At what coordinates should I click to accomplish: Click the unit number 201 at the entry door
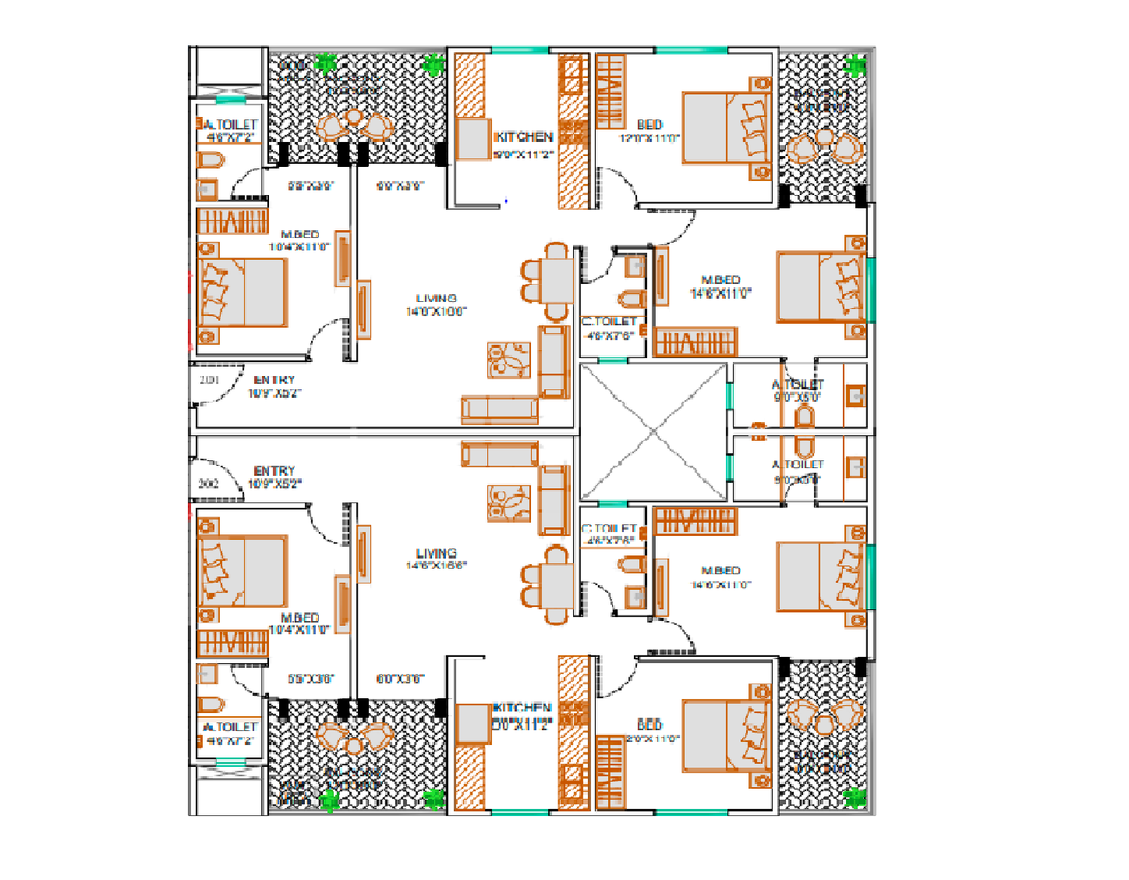209,380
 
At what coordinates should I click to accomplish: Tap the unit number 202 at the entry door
208,484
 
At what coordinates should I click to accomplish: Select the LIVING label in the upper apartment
436,298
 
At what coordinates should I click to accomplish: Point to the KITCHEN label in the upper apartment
525,137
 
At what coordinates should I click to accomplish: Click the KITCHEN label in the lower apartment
522,708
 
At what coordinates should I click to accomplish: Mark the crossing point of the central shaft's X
653,431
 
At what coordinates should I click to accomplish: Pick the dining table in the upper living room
556,281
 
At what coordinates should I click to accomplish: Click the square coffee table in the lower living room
508,503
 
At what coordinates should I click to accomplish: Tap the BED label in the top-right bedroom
649,124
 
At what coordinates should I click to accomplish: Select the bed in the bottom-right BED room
726,736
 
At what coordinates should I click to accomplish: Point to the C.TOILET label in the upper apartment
609,321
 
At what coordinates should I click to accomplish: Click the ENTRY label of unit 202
274,471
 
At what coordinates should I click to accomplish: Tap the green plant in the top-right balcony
856,66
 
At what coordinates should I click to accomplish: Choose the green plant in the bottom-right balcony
856,797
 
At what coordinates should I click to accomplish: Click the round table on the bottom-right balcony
824,726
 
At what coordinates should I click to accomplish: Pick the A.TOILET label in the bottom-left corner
230,727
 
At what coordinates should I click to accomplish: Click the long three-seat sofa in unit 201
499,409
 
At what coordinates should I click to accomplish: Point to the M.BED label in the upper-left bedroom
300,234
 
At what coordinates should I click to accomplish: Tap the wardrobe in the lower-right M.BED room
694,521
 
